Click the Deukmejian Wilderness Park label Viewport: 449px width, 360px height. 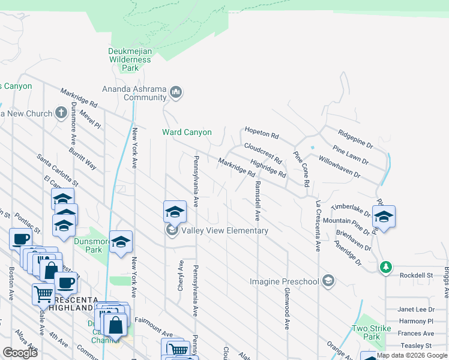130,60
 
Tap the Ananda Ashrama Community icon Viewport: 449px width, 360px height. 176,92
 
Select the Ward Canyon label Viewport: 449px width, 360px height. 187,132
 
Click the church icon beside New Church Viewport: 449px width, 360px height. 61,113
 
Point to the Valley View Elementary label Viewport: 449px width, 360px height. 224,230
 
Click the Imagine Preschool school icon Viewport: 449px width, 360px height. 328,281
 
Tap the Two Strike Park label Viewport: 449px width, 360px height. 367,332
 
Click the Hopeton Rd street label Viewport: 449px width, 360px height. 262,134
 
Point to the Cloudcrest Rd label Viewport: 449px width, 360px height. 263,153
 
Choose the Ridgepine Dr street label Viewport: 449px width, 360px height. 355,140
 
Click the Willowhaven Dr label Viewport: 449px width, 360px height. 340,169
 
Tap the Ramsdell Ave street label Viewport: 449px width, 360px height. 258,200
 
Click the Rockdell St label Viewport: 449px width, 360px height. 417,275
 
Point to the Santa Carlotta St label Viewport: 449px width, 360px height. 58,170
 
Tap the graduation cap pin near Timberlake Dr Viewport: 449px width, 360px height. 383,216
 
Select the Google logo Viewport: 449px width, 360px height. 20,353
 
